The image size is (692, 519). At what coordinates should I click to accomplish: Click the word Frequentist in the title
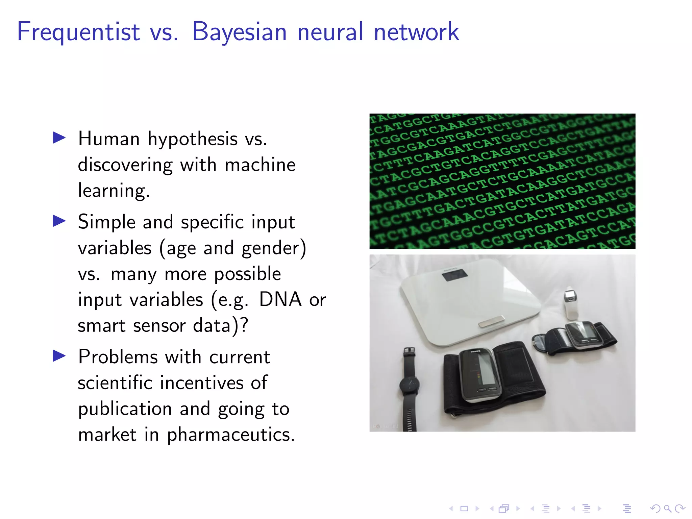point(78,32)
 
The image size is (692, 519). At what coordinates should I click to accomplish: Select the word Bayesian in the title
point(239,32)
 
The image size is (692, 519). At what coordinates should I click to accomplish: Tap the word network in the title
point(416,32)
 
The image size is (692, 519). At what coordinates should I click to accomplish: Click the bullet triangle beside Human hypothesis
point(59,138)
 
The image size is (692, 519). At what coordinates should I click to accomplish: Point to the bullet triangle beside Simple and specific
point(59,221)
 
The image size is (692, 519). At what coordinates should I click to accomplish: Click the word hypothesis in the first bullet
point(193,139)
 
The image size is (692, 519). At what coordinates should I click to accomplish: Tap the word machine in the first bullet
point(260,165)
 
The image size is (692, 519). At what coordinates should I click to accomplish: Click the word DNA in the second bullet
point(280,299)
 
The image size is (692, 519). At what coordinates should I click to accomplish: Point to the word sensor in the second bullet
point(159,325)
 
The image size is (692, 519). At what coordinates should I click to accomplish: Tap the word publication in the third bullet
point(125,409)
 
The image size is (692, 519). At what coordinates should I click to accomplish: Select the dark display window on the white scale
point(454,275)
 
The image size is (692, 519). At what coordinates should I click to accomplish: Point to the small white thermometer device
point(570,304)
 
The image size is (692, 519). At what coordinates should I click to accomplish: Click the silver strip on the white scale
point(492,321)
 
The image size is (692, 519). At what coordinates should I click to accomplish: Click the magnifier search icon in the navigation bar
point(667,508)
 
